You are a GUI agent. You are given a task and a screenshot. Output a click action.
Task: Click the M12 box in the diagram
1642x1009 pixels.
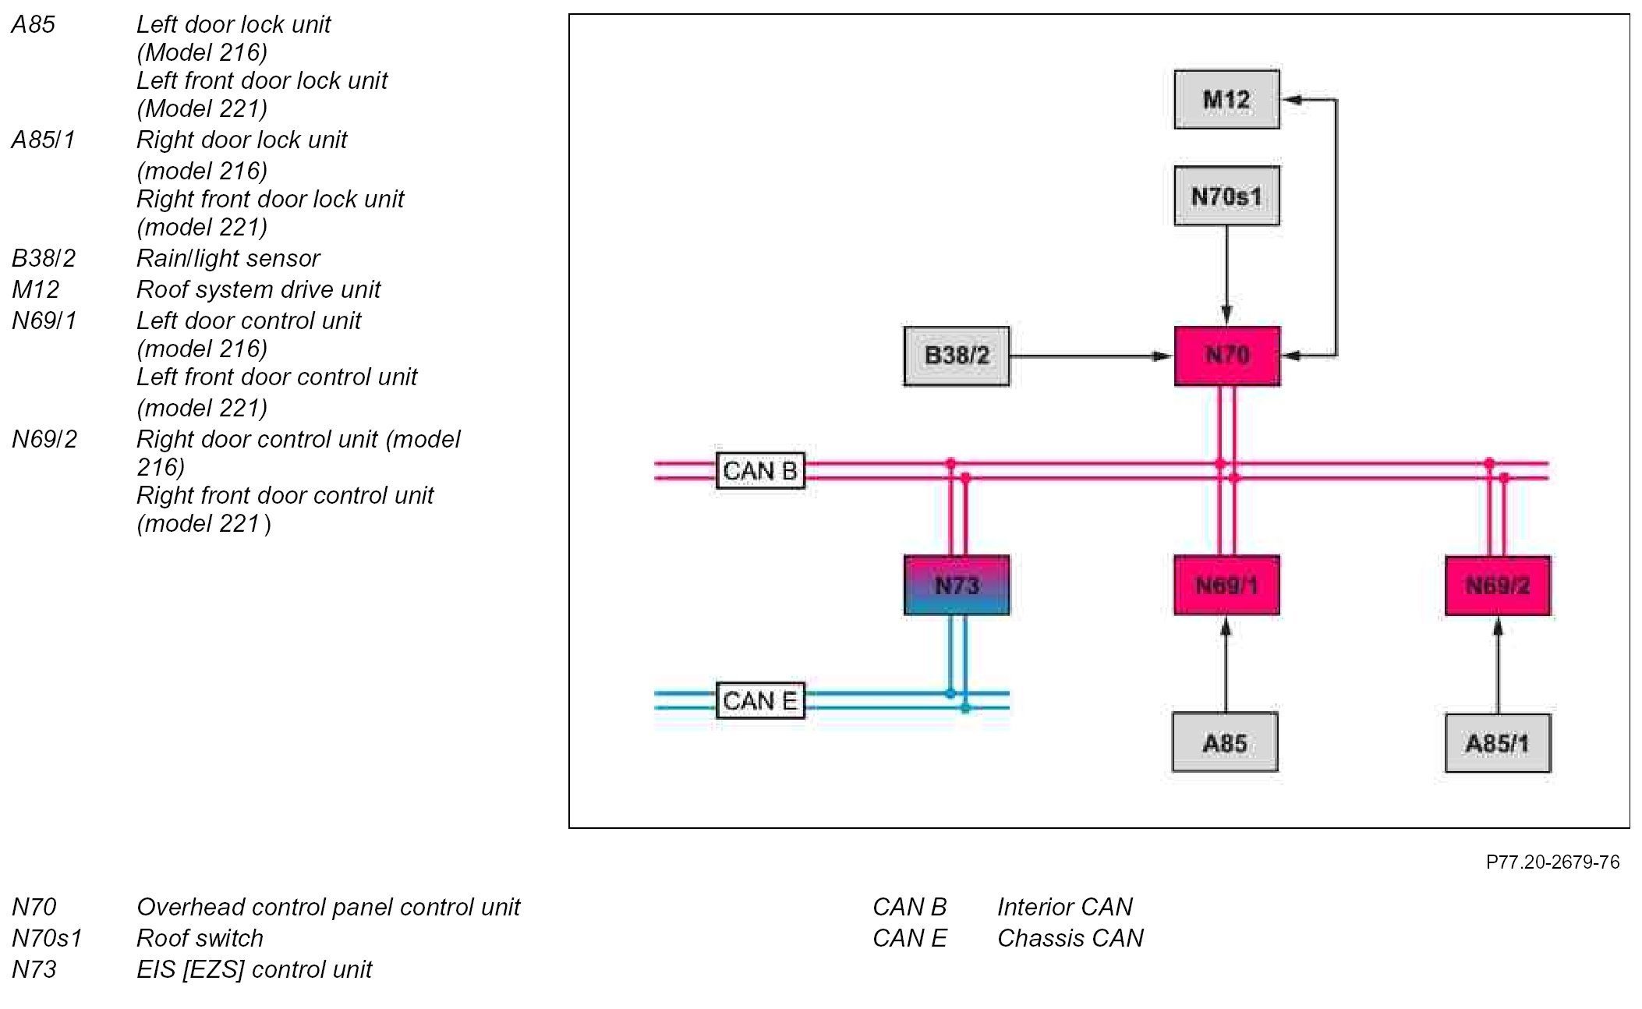1226,100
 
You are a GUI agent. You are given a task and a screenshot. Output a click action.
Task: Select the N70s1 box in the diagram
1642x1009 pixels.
1226,196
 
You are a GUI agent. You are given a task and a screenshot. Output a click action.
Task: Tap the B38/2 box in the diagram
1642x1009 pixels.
956,356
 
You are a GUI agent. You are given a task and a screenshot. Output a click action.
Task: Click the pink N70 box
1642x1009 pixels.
1227,356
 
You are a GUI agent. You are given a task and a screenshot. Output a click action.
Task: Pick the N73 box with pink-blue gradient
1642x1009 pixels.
956,585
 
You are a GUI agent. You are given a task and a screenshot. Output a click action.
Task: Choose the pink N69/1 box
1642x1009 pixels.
1226,585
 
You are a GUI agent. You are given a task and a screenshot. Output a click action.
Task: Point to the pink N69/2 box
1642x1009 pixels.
1497,586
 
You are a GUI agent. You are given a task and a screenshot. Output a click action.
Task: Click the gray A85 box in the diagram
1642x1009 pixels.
1225,742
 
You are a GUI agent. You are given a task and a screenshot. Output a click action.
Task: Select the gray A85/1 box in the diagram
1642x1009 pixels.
1497,743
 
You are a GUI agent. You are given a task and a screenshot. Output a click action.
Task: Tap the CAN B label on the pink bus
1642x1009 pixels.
760,471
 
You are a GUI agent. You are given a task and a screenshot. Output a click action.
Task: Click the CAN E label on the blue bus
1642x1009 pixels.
760,700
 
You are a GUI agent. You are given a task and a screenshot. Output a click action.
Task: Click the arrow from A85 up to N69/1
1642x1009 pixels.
1226,664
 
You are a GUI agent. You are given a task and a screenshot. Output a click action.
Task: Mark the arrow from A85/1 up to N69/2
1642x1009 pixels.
1497,665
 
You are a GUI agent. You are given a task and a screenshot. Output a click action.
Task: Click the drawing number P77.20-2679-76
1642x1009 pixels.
1552,862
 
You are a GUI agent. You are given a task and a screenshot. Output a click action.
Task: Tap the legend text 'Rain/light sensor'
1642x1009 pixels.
228,258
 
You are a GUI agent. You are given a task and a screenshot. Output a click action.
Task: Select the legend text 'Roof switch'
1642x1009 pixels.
200,938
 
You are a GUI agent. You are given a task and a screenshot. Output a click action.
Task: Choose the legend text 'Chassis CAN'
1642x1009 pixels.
1070,938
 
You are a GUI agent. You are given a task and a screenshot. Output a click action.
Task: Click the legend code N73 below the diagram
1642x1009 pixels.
34,969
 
